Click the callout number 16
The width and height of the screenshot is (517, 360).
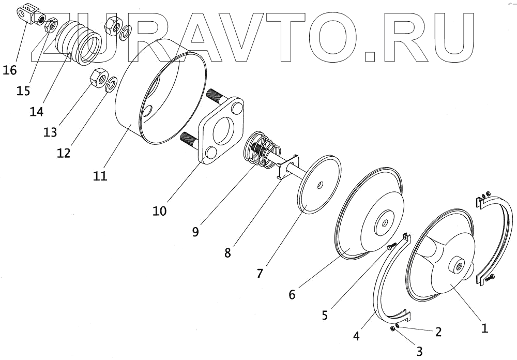click(10, 70)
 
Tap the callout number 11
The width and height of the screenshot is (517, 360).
click(100, 176)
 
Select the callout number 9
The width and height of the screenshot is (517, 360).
click(195, 231)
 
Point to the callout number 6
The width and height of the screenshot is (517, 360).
click(292, 294)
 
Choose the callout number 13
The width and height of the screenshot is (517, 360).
click(50, 132)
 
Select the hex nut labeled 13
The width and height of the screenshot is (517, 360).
click(98, 78)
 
